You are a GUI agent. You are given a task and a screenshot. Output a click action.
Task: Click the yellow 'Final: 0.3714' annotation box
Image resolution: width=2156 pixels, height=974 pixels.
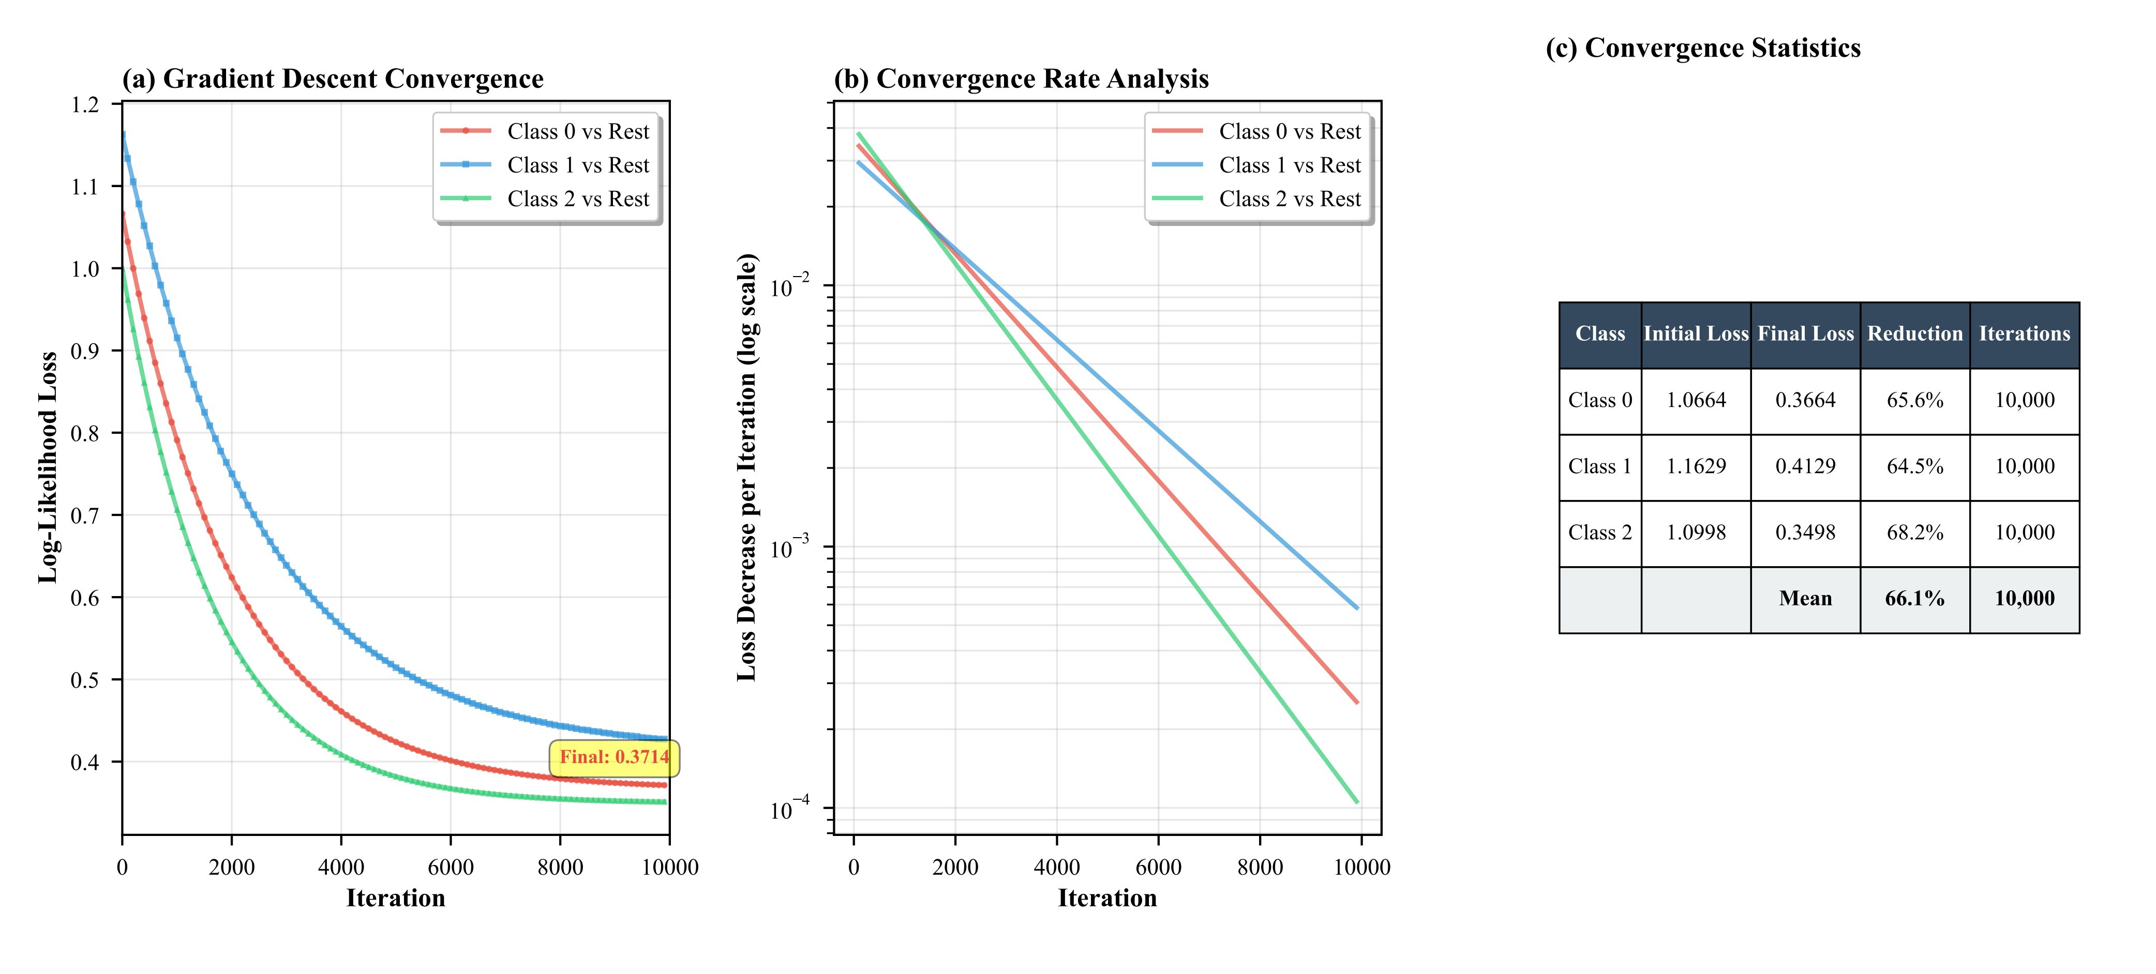click(615, 757)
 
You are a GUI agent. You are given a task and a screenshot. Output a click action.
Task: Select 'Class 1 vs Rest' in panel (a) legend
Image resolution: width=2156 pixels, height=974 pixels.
click(577, 165)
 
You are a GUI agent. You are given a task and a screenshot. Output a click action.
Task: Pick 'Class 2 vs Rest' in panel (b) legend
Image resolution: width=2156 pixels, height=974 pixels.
click(1289, 199)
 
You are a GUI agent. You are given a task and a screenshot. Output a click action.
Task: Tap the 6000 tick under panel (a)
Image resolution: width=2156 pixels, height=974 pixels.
click(450, 867)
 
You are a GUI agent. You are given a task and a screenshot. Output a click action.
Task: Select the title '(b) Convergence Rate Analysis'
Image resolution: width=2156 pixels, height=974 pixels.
click(1021, 79)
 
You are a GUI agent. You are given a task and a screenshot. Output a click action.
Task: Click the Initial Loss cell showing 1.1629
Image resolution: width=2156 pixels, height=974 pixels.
click(1696, 466)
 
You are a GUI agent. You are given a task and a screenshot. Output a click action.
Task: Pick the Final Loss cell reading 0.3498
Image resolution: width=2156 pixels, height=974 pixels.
click(1805, 532)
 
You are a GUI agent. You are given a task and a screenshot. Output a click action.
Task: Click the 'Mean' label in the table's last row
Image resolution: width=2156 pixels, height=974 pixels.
click(1805, 598)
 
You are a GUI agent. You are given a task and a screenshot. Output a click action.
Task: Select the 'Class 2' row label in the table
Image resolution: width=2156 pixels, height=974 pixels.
click(1599, 532)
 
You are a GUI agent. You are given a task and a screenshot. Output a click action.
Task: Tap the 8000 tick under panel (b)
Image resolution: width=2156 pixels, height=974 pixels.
click(1260, 867)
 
